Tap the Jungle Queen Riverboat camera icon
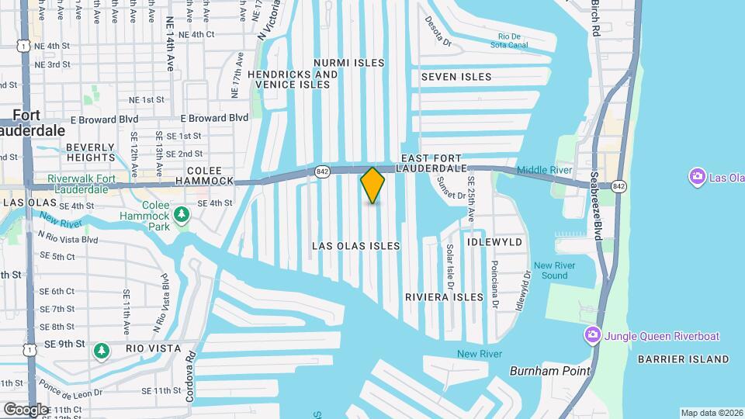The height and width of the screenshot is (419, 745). pos(592,335)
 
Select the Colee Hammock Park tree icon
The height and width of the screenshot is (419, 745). pos(181,213)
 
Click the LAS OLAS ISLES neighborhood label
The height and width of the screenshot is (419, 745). pos(356,246)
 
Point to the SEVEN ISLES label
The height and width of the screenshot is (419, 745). pos(456,77)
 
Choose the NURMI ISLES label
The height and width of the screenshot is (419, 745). pos(348,62)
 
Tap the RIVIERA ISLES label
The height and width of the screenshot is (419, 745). pos(444,297)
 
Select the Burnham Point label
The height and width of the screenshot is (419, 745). pos(549,371)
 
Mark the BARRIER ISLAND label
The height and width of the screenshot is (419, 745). pos(683,359)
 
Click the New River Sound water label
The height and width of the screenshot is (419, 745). pos(555,270)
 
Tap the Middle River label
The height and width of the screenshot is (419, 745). pos(544,170)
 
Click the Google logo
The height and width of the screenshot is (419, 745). pos(26,409)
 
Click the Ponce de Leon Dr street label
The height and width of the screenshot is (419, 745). pos(67,393)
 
